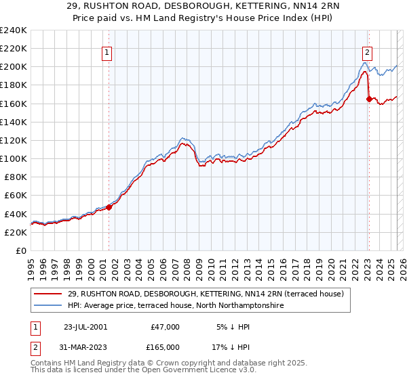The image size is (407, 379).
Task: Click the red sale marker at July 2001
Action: click(109, 207)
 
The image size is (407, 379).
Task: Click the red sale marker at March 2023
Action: click(369, 99)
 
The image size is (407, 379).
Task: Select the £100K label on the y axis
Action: click(14, 158)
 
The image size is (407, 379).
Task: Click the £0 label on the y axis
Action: click(21, 250)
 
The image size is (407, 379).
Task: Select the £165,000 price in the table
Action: click(165, 347)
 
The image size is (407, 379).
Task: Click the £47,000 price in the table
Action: click(165, 327)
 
